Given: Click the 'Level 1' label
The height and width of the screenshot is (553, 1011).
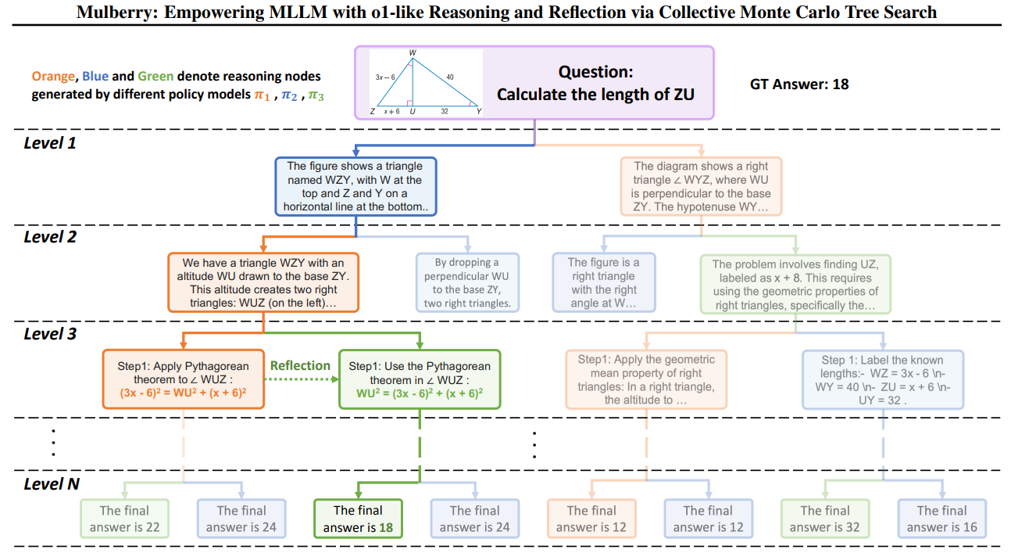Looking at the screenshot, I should pyautogui.click(x=50, y=143).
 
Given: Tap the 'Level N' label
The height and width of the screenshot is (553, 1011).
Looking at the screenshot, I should pyautogui.click(x=52, y=484).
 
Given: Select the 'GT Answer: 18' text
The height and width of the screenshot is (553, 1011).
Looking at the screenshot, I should pyautogui.click(x=799, y=84).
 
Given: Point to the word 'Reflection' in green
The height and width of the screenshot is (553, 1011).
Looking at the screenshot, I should pyautogui.click(x=300, y=365).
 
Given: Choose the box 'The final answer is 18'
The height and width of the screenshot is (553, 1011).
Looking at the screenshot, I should pyautogui.click(x=358, y=519).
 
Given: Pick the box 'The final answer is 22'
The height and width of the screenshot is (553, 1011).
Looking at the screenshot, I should pyautogui.click(x=124, y=519).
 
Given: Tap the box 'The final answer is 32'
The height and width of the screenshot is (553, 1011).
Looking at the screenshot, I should pyautogui.click(x=825, y=519).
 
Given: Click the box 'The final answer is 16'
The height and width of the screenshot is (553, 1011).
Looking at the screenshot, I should pyautogui.click(x=941, y=519).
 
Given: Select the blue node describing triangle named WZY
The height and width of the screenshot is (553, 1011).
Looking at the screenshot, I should pyautogui.click(x=355, y=187).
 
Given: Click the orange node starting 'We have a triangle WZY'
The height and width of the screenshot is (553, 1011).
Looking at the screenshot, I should pyautogui.click(x=263, y=282).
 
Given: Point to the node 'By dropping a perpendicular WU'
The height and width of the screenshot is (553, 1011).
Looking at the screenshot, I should pyautogui.click(x=467, y=282).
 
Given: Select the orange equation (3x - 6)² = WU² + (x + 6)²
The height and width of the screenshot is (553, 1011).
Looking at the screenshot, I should pyautogui.click(x=184, y=392).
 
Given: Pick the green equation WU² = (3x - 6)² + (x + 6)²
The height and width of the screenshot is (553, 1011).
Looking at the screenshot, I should pyautogui.click(x=420, y=392).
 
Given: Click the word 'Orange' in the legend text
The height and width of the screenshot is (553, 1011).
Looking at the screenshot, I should pyautogui.click(x=52, y=77).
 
